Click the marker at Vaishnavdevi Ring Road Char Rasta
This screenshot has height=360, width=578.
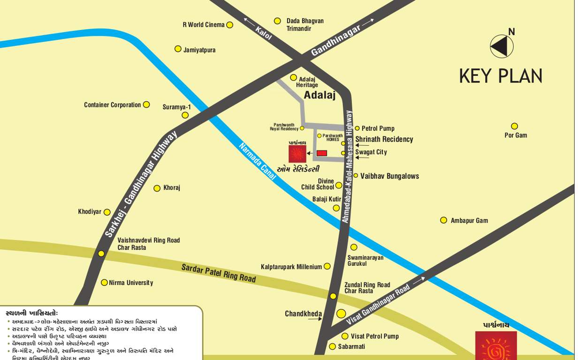tap(101, 254)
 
